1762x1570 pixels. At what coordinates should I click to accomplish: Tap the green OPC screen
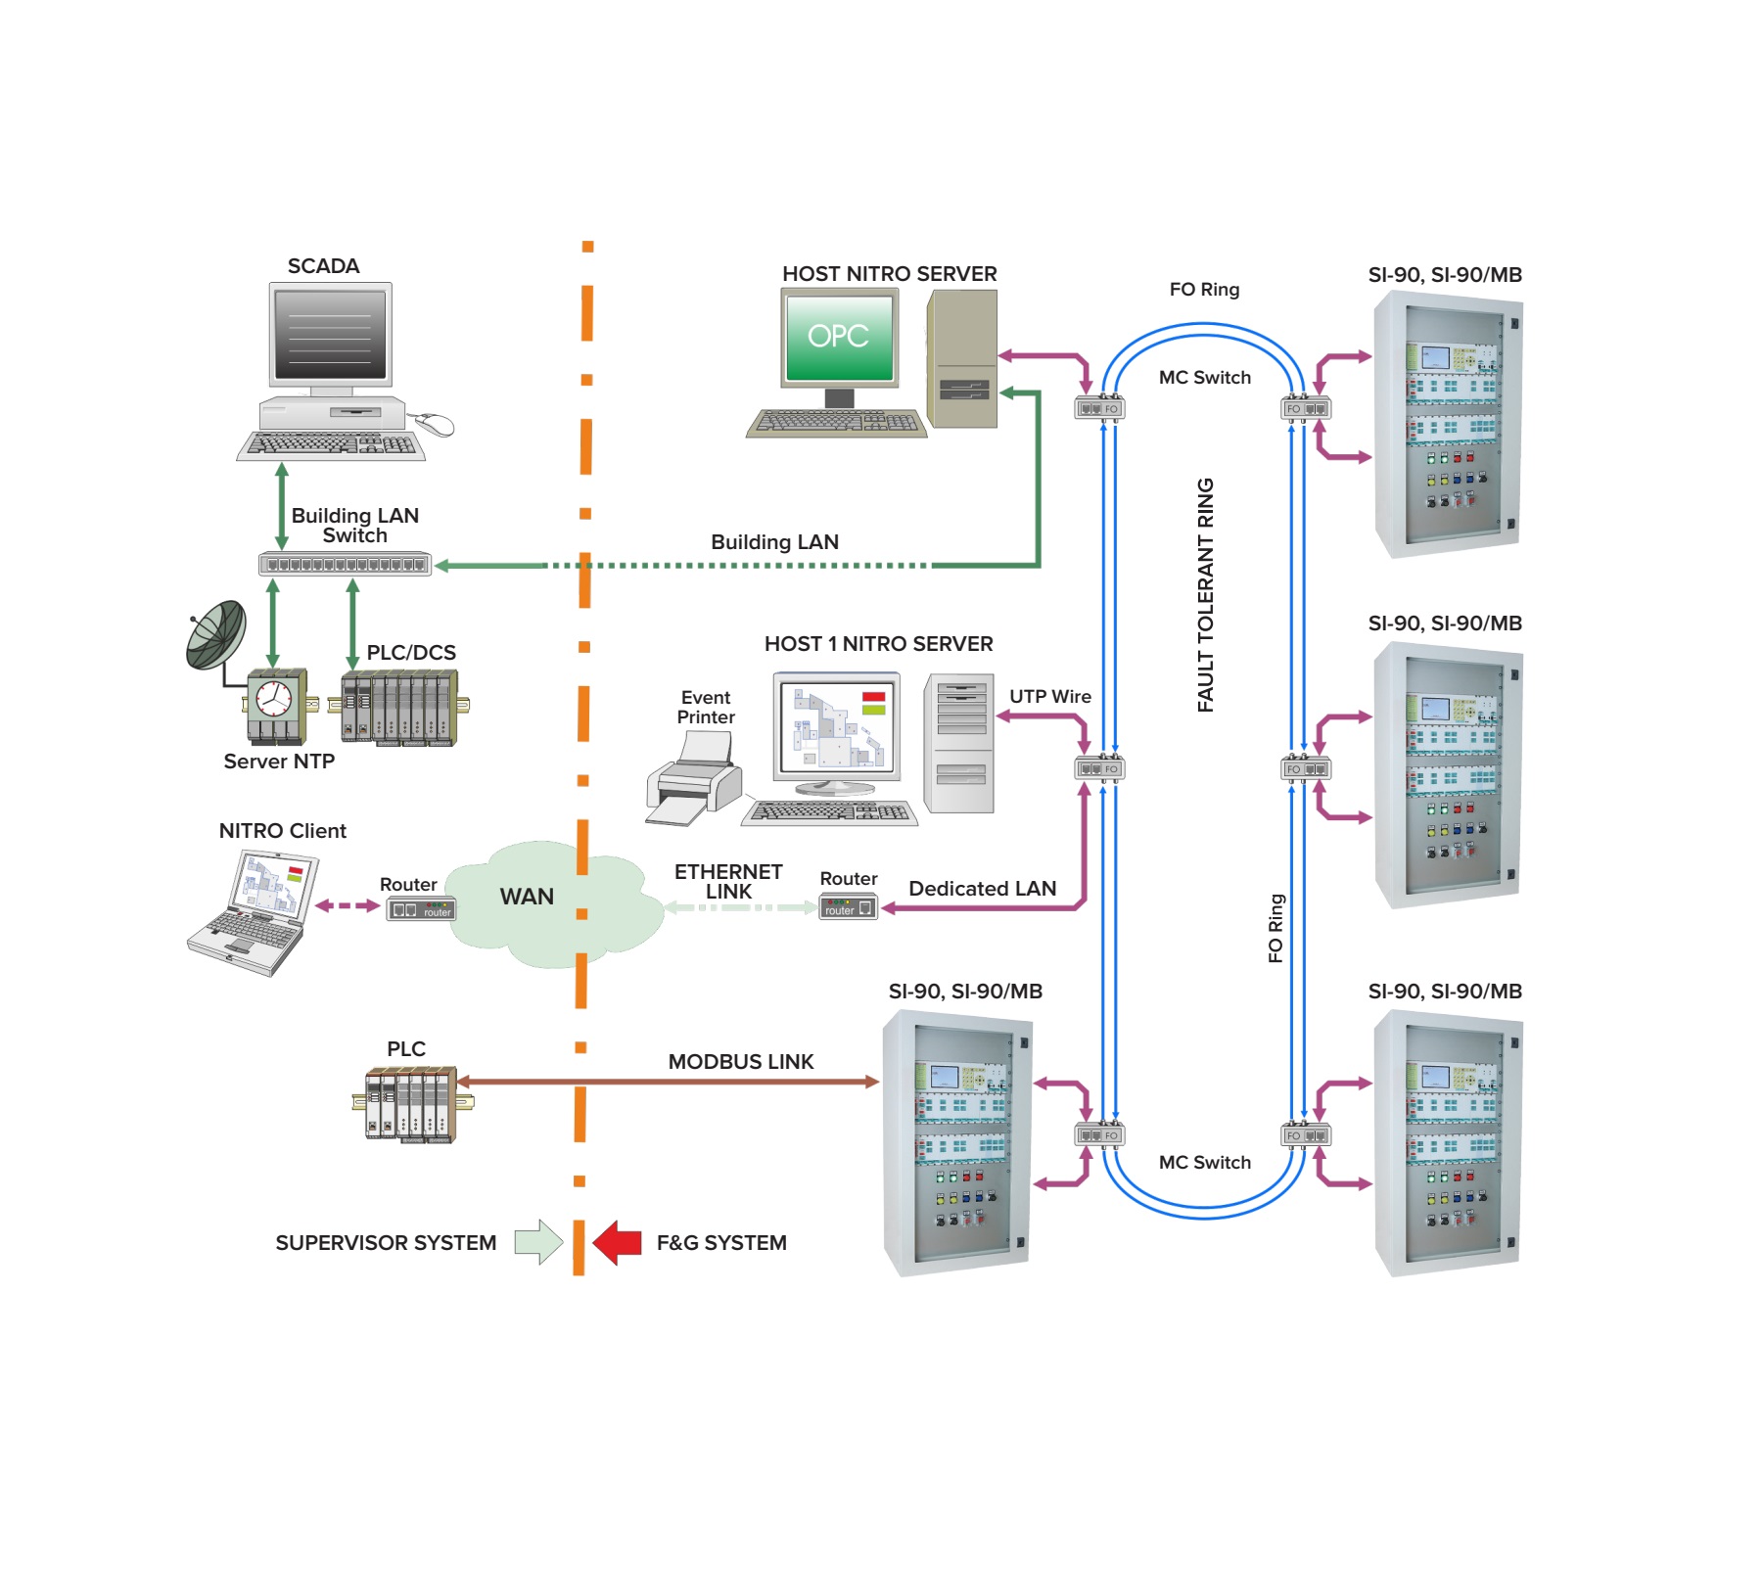point(839,337)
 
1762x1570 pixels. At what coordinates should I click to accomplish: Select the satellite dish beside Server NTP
point(216,635)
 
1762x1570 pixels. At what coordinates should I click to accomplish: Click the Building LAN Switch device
point(345,565)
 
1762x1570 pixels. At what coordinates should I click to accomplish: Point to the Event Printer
point(692,783)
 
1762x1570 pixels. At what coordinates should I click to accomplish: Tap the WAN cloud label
point(527,897)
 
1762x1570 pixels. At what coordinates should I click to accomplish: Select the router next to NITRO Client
point(421,910)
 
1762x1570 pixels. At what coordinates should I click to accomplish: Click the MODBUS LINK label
point(741,1062)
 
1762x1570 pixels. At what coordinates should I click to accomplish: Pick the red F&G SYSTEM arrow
point(618,1242)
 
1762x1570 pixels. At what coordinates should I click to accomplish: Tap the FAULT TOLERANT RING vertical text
point(1205,595)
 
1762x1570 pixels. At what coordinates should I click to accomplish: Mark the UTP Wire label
point(1050,697)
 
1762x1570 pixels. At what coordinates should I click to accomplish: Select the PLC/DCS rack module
point(399,707)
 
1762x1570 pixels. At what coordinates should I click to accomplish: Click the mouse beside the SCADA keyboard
point(434,425)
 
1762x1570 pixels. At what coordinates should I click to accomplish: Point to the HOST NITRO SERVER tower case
point(962,359)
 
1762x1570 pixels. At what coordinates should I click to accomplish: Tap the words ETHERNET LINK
point(728,882)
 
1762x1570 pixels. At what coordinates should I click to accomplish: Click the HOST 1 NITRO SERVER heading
point(878,644)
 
